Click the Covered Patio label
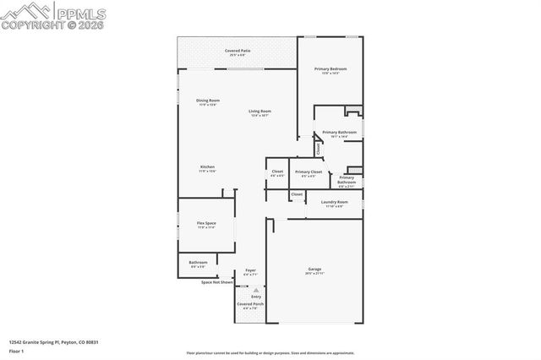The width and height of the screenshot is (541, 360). point(238,51)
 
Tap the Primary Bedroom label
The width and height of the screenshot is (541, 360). point(331,68)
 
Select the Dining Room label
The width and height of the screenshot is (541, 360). point(208,101)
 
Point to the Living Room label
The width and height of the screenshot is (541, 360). point(260,112)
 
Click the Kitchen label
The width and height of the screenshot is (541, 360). point(207,166)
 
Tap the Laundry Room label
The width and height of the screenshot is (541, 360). point(335,202)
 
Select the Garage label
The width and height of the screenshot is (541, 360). point(314,269)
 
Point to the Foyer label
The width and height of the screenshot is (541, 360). point(250,270)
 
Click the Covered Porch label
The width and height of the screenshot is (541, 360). point(250,303)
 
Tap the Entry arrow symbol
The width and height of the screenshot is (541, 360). point(256,289)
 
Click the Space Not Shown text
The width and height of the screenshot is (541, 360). point(217,282)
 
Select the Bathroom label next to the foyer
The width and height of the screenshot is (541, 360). point(198,262)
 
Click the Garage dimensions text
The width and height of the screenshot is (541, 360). point(314,273)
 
